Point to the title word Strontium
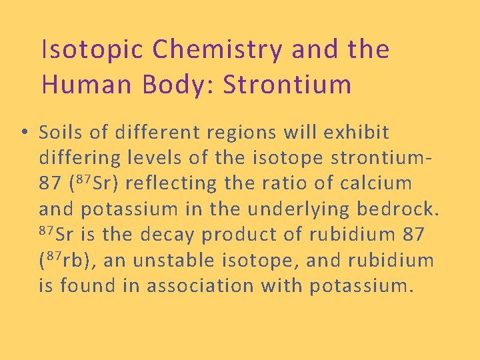click(x=287, y=85)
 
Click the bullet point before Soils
click(x=23, y=133)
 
